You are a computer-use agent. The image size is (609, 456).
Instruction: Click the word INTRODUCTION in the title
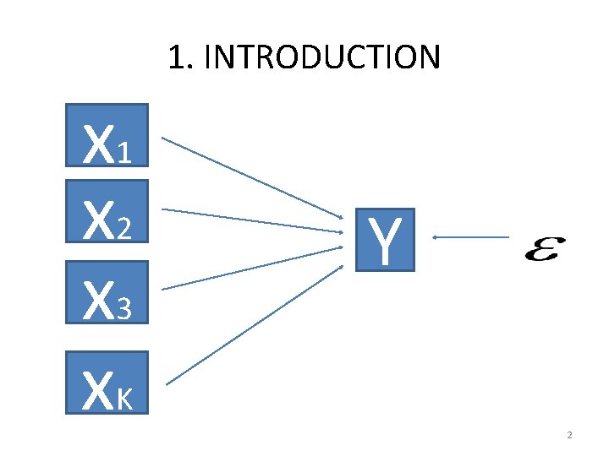[x=322, y=57]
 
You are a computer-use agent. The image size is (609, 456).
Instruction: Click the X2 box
[x=107, y=219]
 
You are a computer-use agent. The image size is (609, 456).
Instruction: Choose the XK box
[x=107, y=382]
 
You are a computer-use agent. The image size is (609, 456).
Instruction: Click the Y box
[x=386, y=239]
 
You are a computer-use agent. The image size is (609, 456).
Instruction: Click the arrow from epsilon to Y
[x=470, y=238]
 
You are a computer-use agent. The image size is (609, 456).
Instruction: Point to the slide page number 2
[x=569, y=436]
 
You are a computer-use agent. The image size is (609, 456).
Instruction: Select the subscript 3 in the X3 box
[x=126, y=312]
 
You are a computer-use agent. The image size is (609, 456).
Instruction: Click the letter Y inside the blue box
[x=386, y=240]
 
